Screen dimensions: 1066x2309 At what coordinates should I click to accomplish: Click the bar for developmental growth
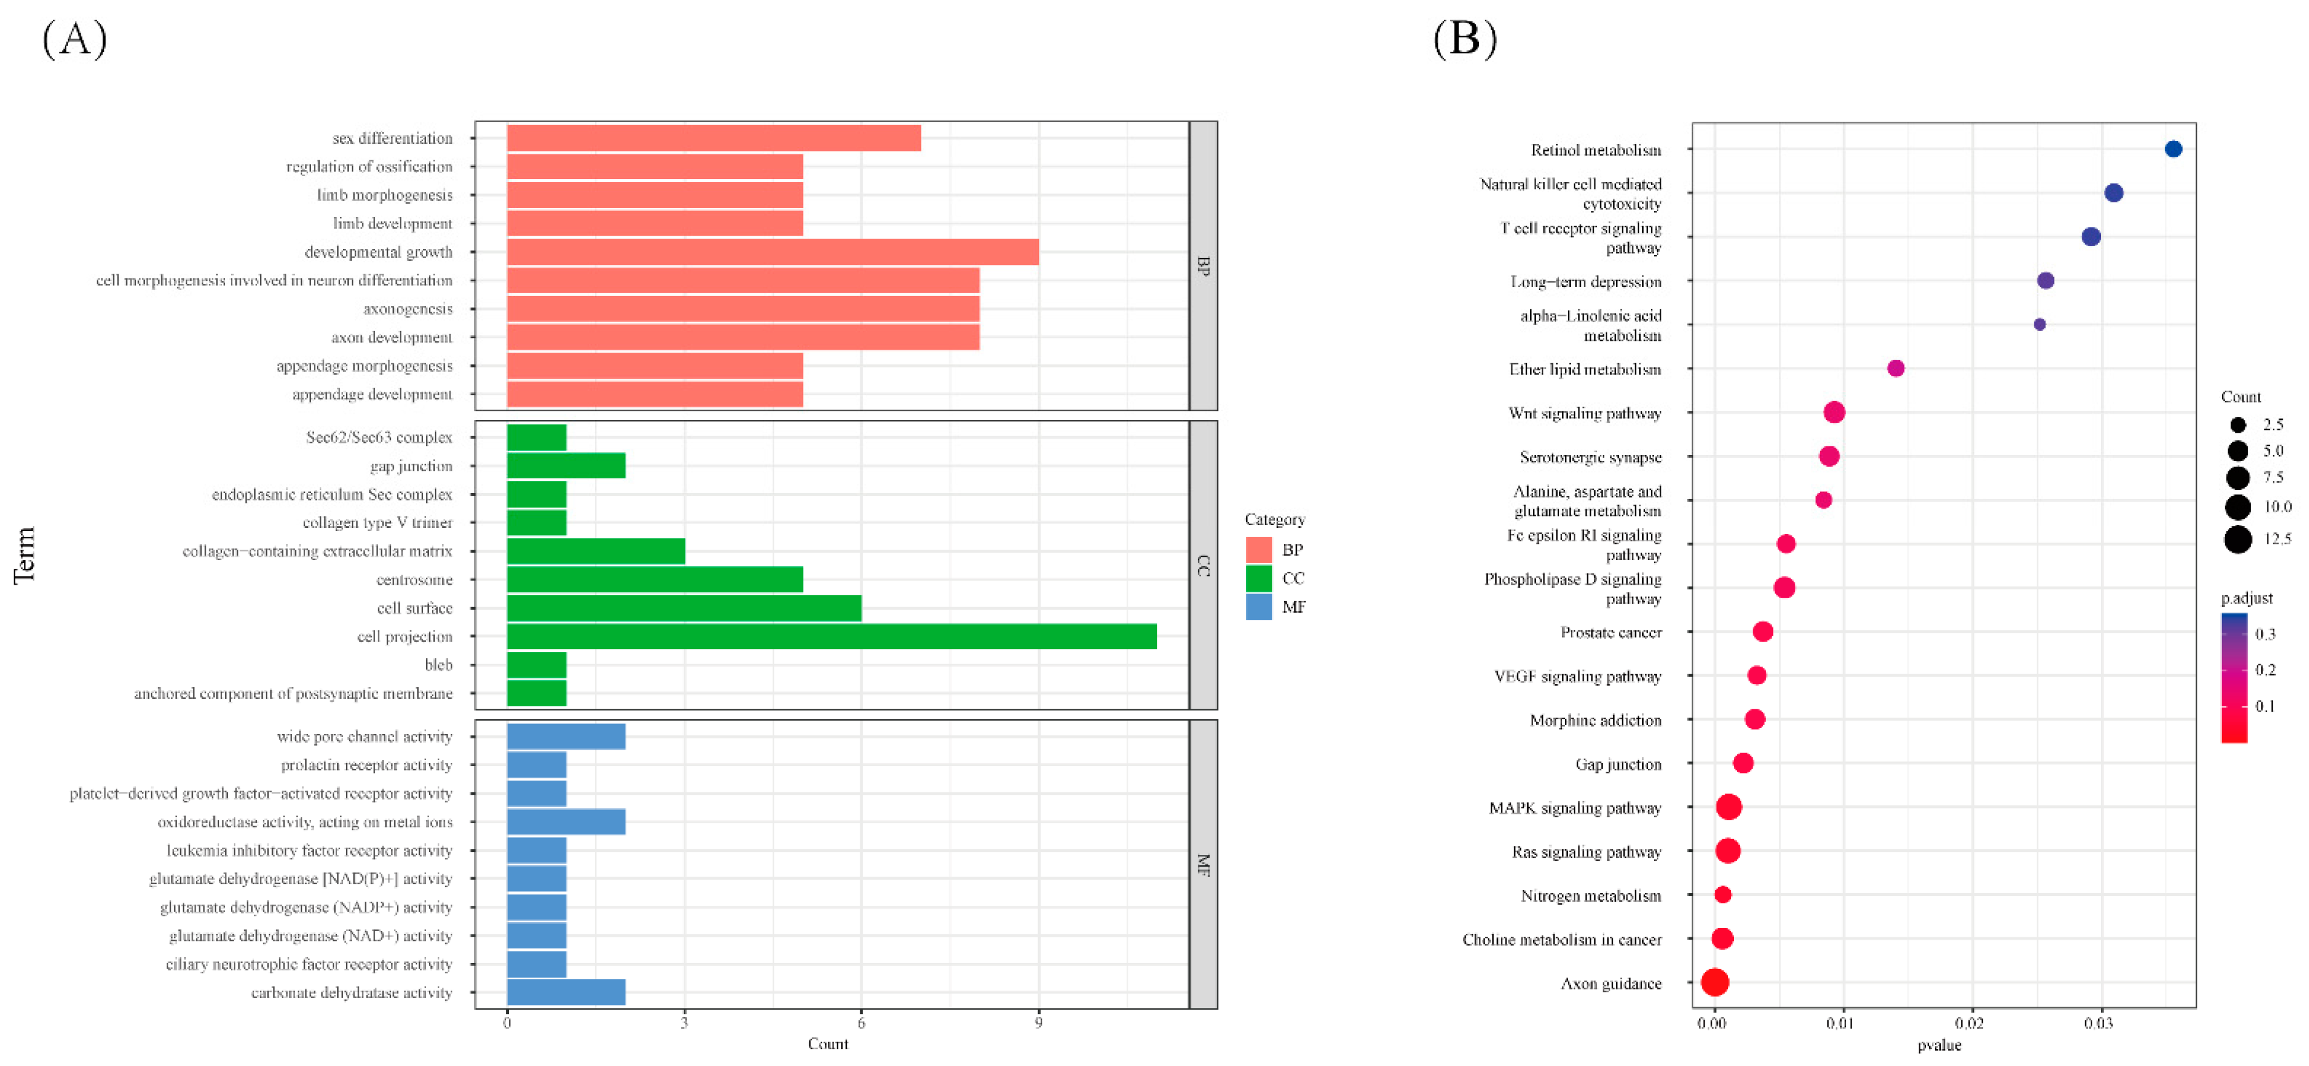[773, 252]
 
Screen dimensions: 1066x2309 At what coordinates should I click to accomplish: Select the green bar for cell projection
[832, 637]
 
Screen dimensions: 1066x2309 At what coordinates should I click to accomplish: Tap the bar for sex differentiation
[714, 138]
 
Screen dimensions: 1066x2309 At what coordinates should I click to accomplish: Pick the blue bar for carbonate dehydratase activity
[566, 992]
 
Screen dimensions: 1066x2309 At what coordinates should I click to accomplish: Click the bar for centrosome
[655, 579]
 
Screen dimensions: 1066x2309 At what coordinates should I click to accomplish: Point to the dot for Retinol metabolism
[2173, 149]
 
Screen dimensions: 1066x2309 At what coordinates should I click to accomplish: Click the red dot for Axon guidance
[1714, 982]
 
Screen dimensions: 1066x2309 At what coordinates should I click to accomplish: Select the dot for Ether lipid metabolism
[1895, 368]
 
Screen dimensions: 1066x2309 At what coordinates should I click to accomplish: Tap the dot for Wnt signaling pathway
[1834, 412]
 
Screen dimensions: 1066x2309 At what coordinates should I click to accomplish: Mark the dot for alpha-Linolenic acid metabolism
[2039, 325]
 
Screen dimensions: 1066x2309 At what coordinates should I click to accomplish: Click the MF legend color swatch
[1258, 607]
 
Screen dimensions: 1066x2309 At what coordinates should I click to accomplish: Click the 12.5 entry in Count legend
[2256, 539]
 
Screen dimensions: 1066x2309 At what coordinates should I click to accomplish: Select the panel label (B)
[1465, 39]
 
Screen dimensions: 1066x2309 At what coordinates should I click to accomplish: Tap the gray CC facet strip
[1203, 565]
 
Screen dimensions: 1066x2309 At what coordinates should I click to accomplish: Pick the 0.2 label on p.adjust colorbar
[2265, 670]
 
